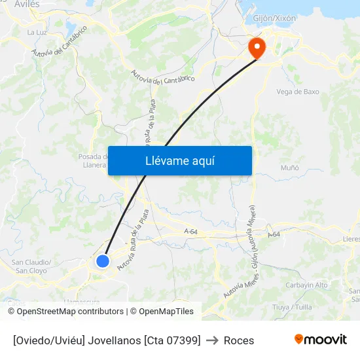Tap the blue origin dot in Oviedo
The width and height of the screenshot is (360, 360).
pos(103,261)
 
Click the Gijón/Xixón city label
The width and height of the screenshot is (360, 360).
pos(274,18)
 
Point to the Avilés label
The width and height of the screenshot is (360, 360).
pos(27,4)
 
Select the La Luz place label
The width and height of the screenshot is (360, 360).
pos(36,31)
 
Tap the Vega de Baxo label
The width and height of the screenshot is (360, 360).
pos(298,92)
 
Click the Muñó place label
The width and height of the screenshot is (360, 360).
pos(289,168)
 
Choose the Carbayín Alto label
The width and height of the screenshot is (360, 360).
pos(307,285)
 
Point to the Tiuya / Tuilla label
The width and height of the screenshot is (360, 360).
pos(293,306)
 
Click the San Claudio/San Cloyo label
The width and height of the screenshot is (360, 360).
pos(31,266)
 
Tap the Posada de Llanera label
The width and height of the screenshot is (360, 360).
pos(93,160)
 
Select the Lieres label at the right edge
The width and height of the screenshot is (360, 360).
pos(351,240)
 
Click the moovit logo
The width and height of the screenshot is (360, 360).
pos(321,339)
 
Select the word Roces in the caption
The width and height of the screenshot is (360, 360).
pos(239,340)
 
